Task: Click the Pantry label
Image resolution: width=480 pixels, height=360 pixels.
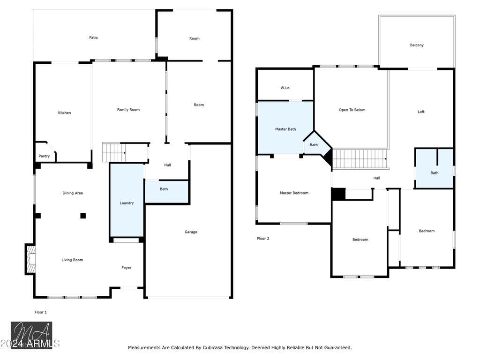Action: tap(44, 156)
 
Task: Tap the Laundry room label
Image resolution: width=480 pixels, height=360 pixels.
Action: tap(127, 203)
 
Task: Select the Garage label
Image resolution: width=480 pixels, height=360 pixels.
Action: tap(191, 232)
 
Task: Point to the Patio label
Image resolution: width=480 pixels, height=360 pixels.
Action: tap(93, 37)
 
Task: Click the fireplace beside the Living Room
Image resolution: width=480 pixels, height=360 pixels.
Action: tap(30, 259)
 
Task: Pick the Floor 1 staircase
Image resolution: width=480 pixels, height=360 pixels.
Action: tap(114, 152)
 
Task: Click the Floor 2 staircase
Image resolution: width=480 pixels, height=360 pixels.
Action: tap(360, 159)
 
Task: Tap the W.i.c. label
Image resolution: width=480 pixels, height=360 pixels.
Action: tap(285, 88)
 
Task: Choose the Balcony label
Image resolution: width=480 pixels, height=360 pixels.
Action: tap(417, 45)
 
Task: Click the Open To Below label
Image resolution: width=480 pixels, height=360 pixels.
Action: tap(352, 110)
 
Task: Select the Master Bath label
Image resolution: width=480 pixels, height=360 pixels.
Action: tap(285, 129)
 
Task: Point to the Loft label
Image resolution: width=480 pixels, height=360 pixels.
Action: tap(421, 112)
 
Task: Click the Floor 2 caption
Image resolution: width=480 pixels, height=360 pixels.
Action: tap(263, 239)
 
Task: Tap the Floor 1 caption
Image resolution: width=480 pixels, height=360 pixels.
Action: tap(41, 312)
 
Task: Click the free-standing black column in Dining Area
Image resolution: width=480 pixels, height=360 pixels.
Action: tap(83, 216)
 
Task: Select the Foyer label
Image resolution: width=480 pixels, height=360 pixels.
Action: tap(127, 268)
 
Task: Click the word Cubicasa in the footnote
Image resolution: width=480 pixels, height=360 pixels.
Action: tap(213, 348)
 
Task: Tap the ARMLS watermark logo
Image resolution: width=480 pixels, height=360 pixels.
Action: tap(31, 336)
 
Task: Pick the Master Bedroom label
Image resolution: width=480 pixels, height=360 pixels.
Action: tap(294, 193)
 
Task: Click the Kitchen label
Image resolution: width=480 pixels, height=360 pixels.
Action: tap(65, 112)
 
